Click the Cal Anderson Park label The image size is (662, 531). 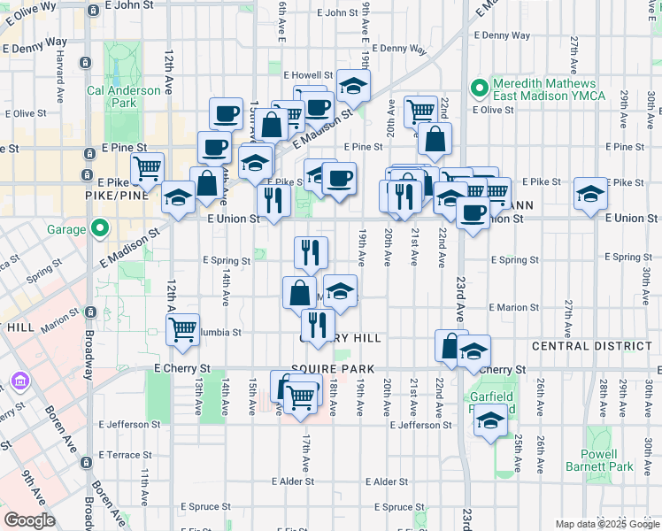tap(111, 96)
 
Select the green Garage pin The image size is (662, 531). tap(100, 229)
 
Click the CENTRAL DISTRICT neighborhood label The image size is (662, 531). tap(593, 345)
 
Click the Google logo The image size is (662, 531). tap(29, 520)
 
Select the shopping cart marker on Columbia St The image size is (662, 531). tap(182, 329)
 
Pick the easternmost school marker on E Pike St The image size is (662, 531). tap(590, 194)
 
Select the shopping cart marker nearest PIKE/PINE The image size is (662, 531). tap(148, 168)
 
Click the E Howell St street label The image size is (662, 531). tap(307, 76)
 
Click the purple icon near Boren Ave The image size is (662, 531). tap(19, 382)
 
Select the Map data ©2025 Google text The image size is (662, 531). tap(606, 524)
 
